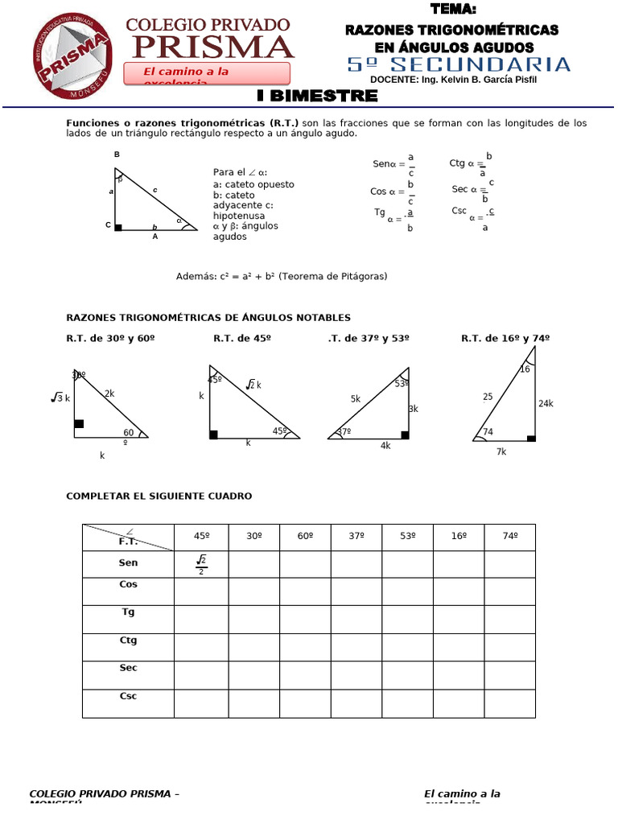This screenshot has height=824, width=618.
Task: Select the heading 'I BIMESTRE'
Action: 317,96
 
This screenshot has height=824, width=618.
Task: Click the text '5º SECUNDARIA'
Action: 459,64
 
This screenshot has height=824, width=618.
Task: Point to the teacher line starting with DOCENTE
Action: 453,80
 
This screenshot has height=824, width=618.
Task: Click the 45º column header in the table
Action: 201,537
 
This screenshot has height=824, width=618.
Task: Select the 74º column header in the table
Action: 509,537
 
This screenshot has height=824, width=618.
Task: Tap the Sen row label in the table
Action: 128,563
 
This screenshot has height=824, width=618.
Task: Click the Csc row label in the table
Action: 128,696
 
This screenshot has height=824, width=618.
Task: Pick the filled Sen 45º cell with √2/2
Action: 201,564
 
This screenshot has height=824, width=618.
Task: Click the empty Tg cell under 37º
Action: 356,619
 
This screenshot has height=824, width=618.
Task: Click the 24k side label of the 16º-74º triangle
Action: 546,403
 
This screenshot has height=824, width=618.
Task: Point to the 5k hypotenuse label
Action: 355,398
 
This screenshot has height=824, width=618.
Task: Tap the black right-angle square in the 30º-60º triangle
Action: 79,423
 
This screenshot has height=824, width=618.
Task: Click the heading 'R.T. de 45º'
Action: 242,339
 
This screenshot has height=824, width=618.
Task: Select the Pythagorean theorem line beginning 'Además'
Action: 282,276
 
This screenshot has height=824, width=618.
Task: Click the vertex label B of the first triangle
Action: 117,154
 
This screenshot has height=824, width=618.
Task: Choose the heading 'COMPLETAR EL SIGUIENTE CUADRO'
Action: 159,496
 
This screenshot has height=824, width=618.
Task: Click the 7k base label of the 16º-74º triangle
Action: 501,451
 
